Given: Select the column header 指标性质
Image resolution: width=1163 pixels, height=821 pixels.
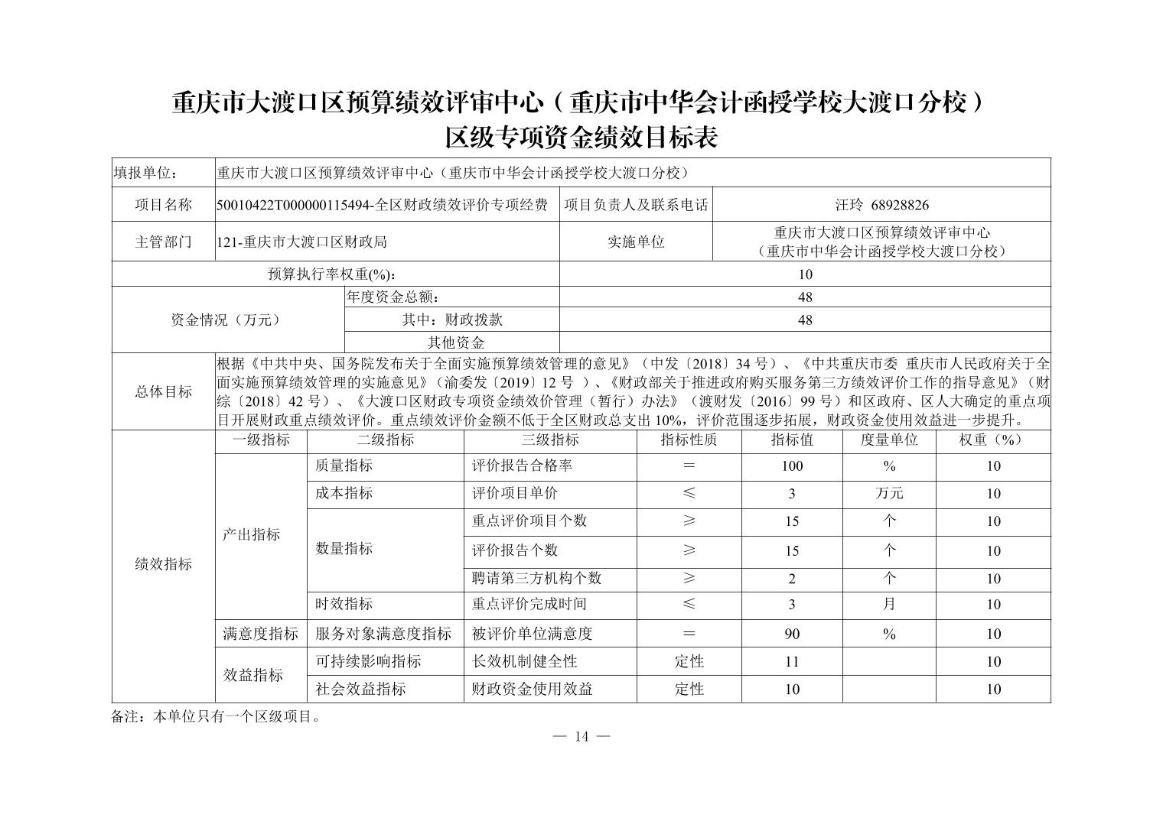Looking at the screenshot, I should [x=689, y=440].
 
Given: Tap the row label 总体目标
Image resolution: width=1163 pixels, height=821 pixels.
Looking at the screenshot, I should [x=163, y=392].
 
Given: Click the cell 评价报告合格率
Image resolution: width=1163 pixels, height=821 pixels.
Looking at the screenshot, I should [x=522, y=466].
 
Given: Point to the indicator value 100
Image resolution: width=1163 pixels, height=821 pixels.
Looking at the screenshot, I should [x=791, y=466].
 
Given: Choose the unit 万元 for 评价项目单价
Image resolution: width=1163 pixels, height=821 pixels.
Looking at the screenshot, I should [x=888, y=494].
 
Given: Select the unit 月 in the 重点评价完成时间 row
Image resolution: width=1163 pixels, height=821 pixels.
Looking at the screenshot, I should [x=888, y=605].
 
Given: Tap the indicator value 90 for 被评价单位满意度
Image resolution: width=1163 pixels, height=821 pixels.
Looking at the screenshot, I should [x=791, y=634].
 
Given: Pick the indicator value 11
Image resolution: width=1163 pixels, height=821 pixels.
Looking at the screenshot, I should [x=791, y=661].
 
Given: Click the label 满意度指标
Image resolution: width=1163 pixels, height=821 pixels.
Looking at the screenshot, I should [x=260, y=634].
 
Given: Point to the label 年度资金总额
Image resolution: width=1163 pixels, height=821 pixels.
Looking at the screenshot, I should [x=394, y=297].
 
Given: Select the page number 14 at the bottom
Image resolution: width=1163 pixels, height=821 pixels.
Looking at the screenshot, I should [x=581, y=736].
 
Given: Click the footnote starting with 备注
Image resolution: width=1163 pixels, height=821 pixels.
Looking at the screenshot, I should [x=217, y=717].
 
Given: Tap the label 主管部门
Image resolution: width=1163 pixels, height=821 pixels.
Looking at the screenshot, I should [x=163, y=242].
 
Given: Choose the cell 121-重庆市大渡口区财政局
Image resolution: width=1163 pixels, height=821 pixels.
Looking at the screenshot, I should [x=301, y=242].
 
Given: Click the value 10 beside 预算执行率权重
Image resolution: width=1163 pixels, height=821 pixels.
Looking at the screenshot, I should [x=804, y=274].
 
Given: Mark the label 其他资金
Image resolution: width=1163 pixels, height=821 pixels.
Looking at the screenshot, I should [x=455, y=342].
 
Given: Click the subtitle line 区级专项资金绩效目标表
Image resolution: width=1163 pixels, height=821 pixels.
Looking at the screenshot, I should [x=581, y=138].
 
